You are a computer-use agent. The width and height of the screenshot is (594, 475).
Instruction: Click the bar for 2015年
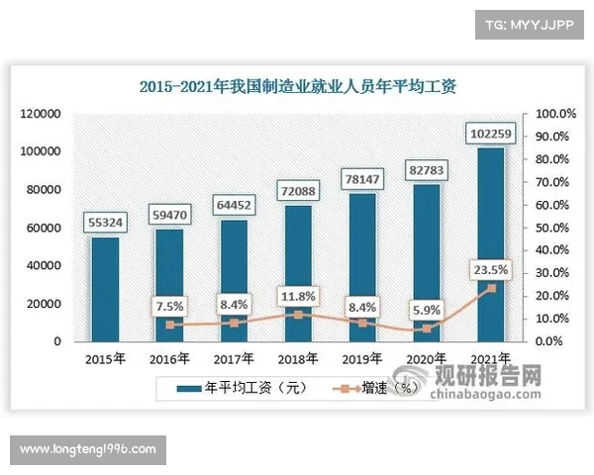coord(105,289)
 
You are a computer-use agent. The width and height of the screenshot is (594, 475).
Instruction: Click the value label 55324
coord(105,223)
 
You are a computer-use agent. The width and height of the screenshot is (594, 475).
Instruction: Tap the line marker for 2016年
coord(169,325)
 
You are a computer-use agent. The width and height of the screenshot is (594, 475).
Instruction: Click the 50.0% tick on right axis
coord(550,228)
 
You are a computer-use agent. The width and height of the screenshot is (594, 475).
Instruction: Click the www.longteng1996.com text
coord(87,449)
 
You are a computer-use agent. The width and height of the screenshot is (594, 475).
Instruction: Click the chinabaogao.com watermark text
coord(487,394)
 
